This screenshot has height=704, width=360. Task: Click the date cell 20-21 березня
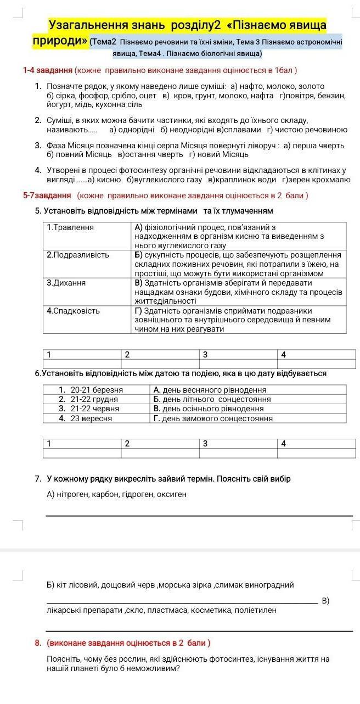click(x=97, y=390)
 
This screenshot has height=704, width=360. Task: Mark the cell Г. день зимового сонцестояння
click(x=213, y=418)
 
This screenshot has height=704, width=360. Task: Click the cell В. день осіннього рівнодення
click(x=209, y=409)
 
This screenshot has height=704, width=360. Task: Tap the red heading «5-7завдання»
click(x=47, y=195)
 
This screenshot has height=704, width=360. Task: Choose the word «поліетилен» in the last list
click(x=256, y=610)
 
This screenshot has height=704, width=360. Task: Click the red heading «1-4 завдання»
click(x=48, y=70)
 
